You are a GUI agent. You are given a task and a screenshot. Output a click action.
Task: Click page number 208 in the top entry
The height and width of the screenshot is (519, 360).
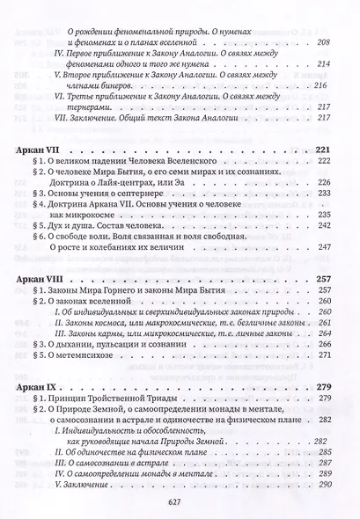[x=322, y=41]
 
